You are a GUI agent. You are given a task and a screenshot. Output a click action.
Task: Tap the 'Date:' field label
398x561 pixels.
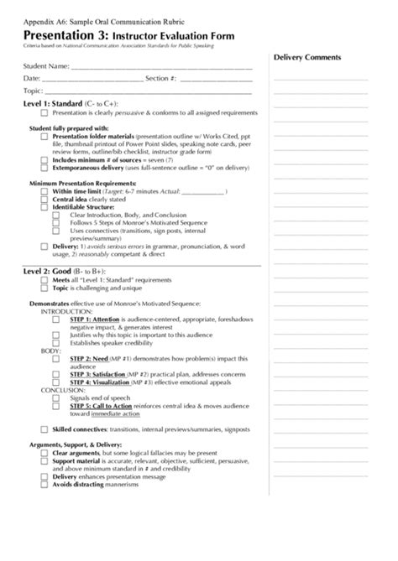coord(32,78)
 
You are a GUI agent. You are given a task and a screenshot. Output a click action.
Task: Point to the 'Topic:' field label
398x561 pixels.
coord(34,90)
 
